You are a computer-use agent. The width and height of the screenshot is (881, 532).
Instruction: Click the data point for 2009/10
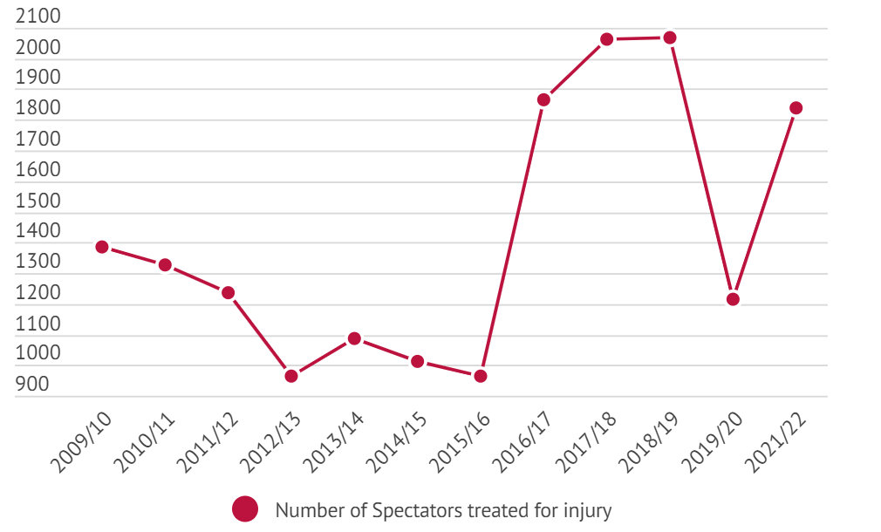point(102,247)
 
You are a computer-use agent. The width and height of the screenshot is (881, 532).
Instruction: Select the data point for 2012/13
point(291,376)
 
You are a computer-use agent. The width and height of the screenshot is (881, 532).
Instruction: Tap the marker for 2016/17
point(543,99)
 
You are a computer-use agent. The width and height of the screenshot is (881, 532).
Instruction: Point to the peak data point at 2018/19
point(670,38)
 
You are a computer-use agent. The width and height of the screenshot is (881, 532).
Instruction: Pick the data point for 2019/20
point(733,299)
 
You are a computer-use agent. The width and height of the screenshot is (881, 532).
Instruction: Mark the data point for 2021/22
point(796,108)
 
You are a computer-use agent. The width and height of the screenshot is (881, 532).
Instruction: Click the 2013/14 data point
point(354,338)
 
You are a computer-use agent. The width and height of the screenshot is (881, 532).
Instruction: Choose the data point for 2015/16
point(480,376)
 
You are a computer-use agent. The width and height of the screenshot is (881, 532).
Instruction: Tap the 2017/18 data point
point(607,39)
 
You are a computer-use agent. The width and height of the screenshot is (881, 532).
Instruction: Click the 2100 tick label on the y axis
point(38,17)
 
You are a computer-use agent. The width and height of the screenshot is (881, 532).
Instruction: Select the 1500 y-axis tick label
point(38,201)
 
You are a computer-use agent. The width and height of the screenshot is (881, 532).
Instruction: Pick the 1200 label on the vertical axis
point(38,293)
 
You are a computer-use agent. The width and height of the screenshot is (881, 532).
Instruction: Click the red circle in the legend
point(245,509)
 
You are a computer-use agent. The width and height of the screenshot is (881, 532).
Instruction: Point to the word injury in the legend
point(589,510)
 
